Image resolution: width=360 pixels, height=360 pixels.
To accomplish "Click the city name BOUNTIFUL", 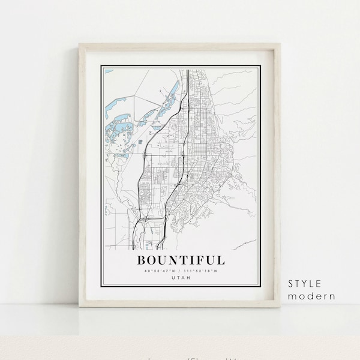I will tap(182, 260).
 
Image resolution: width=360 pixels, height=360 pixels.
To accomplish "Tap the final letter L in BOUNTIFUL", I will tap(221, 260).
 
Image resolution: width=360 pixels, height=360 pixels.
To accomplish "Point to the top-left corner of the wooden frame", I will tap(80, 44).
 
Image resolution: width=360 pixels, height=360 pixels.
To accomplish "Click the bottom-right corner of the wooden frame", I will tap(281, 307).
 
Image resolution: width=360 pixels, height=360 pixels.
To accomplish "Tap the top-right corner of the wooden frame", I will tap(281, 44).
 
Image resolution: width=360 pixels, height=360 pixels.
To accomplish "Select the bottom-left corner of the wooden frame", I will tap(80, 307).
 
